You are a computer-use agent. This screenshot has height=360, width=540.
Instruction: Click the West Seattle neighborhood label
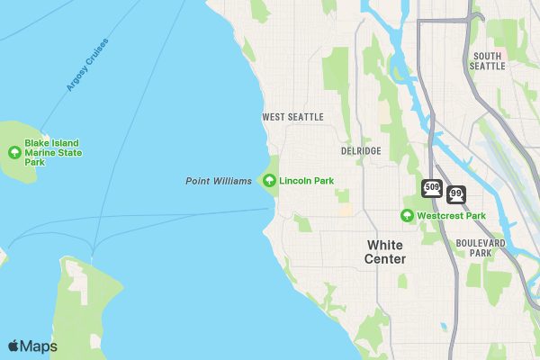tap(292, 117)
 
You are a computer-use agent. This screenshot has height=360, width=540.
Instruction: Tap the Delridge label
tap(361, 150)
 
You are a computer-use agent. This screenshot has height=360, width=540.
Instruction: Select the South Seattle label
tap(487, 60)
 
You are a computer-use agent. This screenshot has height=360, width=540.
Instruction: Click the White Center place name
tap(384, 252)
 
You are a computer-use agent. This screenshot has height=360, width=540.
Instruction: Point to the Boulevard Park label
tap(481, 247)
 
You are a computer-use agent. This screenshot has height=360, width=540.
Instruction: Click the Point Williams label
tap(219, 181)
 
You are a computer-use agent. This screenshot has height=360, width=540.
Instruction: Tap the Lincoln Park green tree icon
tap(269, 181)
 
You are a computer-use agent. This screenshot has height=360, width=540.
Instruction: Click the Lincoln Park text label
tap(306, 181)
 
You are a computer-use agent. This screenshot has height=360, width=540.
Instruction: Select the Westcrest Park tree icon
tap(407, 216)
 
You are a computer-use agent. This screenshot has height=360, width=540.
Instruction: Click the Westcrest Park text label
tap(451, 216)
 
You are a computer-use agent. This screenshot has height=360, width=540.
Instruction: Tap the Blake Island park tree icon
tap(14, 152)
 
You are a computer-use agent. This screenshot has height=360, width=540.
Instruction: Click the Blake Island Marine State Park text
tap(53, 152)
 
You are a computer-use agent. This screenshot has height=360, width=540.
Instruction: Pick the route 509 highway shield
tap(432, 188)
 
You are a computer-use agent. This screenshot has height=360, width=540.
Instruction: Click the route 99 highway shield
tap(456, 194)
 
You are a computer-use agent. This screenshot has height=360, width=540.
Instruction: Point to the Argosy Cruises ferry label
tap(86, 64)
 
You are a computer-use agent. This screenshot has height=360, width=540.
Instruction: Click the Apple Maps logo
tap(32, 346)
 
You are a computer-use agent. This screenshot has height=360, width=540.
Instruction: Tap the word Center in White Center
tap(384, 259)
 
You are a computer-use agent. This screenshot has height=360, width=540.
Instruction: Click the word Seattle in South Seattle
tap(487, 66)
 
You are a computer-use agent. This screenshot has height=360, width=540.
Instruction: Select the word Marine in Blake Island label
tap(40, 153)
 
